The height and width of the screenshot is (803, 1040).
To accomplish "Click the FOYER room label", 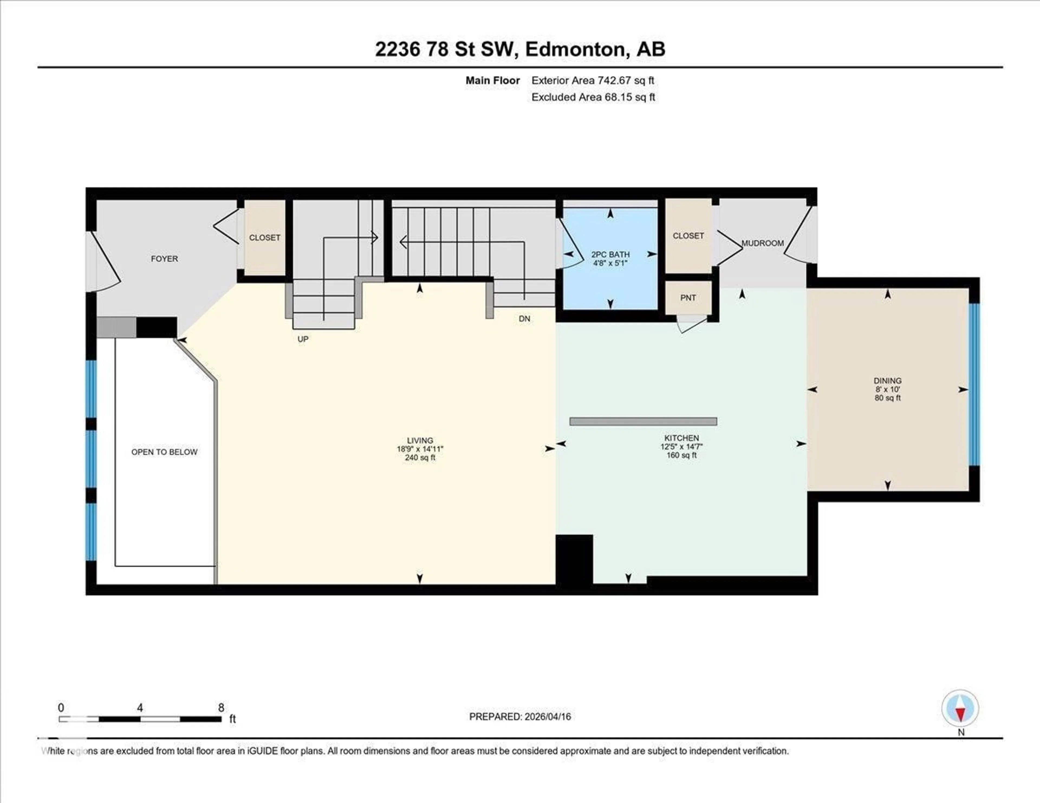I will tap(164, 259).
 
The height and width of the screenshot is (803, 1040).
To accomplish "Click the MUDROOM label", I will tap(762, 243).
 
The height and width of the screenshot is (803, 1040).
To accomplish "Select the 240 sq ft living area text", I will tap(420, 458).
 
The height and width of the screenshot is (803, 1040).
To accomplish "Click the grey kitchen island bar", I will tap(643, 421).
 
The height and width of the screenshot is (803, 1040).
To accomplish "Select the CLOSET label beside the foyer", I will tap(265, 237).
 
